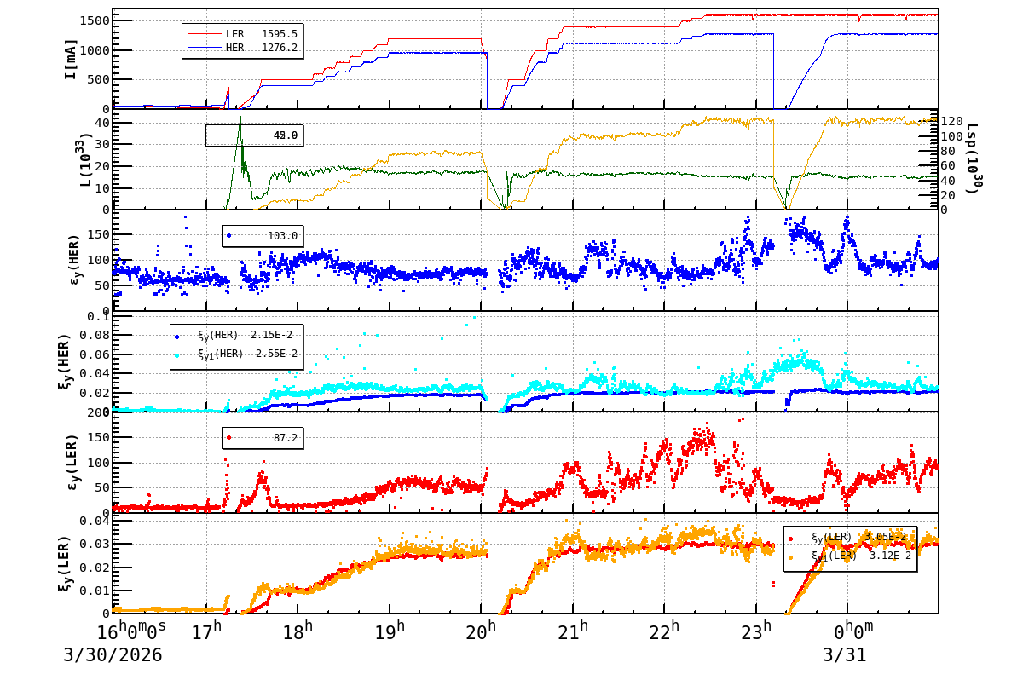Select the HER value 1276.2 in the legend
[280, 48]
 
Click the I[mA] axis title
[71, 59]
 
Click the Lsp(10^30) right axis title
[972, 158]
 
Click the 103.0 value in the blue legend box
[283, 236]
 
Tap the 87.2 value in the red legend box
[286, 438]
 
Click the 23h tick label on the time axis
[758, 632]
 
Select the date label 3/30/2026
[113, 656]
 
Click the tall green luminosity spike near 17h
[240, 128]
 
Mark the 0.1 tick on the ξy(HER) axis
[99, 317]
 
